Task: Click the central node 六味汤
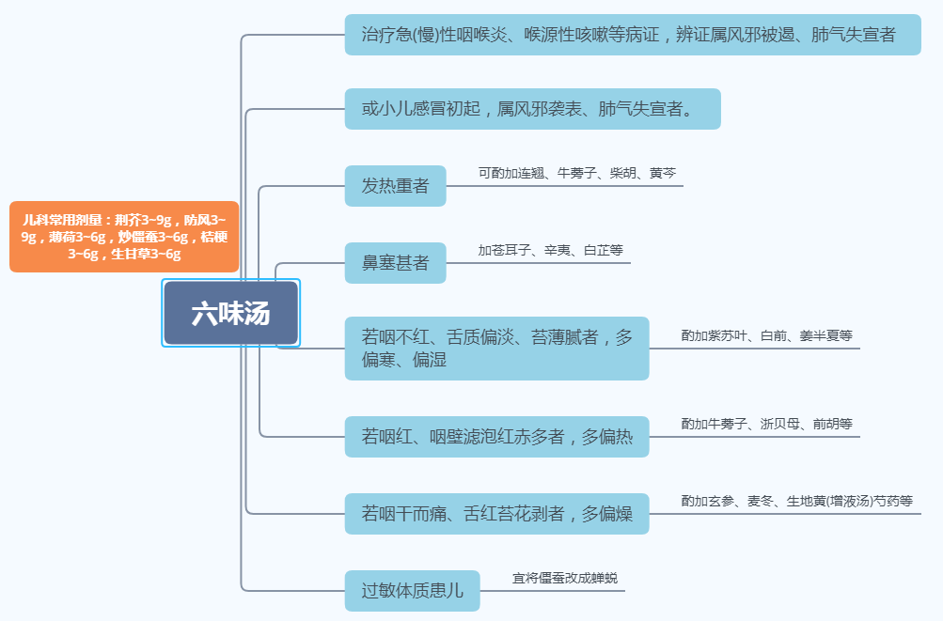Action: (230, 313)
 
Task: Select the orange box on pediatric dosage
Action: (124, 236)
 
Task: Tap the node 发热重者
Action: (395, 186)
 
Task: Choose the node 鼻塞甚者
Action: (395, 263)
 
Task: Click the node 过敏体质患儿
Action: (412, 591)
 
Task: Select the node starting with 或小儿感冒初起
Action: (532, 109)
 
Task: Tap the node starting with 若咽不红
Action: (496, 349)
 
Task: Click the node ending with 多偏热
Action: (496, 437)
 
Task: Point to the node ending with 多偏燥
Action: (496, 514)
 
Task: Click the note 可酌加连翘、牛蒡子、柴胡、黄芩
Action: (576, 174)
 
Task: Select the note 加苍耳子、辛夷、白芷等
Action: (550, 251)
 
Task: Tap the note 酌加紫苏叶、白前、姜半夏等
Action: (766, 335)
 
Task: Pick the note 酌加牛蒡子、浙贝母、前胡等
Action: (766, 424)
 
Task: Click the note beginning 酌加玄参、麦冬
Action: (796, 501)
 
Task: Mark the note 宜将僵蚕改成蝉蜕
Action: (564, 578)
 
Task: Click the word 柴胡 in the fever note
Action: (622, 174)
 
